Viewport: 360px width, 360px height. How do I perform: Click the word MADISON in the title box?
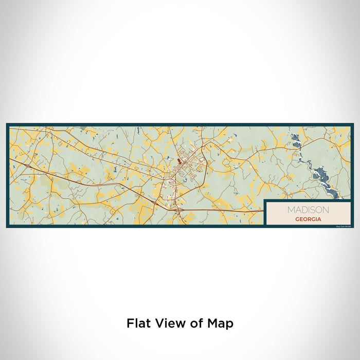click(x=309, y=210)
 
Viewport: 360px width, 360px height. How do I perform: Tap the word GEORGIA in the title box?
click(x=309, y=219)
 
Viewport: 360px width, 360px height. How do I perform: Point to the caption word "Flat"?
click(x=139, y=323)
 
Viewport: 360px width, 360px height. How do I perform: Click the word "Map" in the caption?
click(x=221, y=323)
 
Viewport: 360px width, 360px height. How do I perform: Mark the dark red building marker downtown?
click(x=179, y=161)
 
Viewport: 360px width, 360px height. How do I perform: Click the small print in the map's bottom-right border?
click(x=343, y=226)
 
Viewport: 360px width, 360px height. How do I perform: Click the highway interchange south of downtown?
click(x=178, y=208)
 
